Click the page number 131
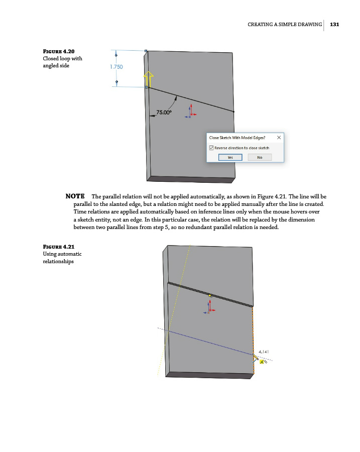(335, 24)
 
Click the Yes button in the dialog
(230, 157)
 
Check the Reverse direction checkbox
(211, 148)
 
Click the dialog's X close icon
(279, 137)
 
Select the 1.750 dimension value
(116, 66)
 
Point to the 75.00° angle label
(164, 112)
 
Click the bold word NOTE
(75, 196)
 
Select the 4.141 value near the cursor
(264, 352)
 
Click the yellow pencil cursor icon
(256, 358)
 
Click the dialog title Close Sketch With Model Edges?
(237, 137)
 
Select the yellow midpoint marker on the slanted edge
(210, 296)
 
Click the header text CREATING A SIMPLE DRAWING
(285, 24)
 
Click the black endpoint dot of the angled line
(234, 111)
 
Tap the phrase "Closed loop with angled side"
(62, 62)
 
